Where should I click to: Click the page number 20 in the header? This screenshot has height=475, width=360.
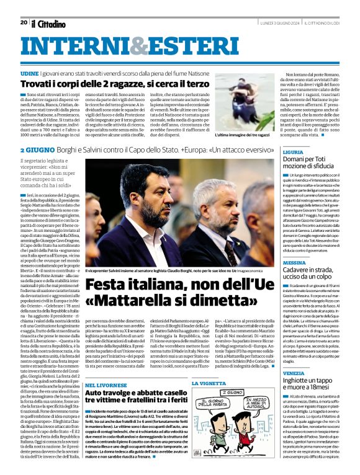(23, 22)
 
